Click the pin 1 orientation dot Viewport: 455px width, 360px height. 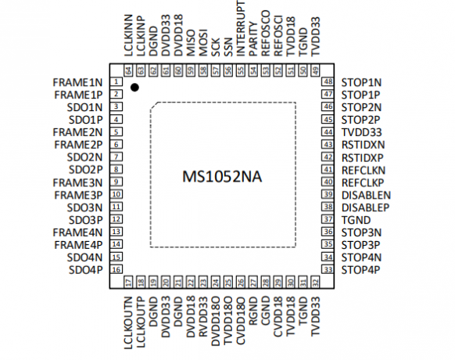(134, 87)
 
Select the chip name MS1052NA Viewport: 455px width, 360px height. (222, 177)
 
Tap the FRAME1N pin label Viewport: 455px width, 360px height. (77, 82)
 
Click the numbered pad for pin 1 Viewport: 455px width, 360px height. (116, 81)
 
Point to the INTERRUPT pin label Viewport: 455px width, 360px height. (241, 28)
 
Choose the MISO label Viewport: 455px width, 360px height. (191, 42)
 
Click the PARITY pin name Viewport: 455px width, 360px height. (253, 38)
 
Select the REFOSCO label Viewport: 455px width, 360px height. (266, 33)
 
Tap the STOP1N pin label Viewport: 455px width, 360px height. (361, 82)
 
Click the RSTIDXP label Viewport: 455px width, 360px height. (363, 158)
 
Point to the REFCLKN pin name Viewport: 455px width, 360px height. (364, 171)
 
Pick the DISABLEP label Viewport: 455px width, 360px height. (365, 207)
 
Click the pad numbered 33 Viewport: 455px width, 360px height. (328, 269)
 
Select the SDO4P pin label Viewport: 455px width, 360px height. (85, 270)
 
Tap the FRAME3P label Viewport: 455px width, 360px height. (78, 195)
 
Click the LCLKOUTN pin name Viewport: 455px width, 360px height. (128, 322)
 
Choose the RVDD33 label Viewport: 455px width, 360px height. (203, 316)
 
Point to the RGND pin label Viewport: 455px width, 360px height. (253, 311)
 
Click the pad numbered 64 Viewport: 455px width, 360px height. (128, 70)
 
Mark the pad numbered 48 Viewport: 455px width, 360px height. (328, 81)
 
